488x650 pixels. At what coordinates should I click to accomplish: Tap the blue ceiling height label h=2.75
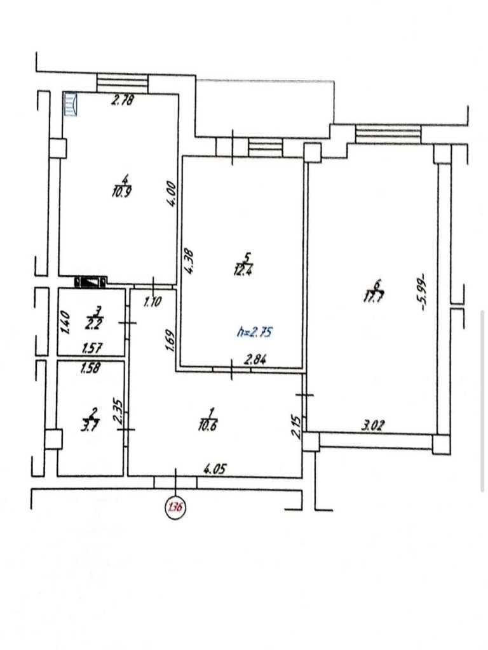click(x=255, y=331)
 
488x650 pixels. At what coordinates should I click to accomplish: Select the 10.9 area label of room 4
click(x=121, y=192)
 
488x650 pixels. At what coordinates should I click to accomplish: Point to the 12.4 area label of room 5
click(x=244, y=270)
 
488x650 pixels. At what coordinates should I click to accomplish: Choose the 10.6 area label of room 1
click(x=208, y=425)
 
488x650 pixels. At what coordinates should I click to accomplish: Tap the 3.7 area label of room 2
click(x=90, y=426)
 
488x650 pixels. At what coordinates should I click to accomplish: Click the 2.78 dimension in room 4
click(x=123, y=100)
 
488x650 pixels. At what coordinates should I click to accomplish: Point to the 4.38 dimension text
click(x=189, y=261)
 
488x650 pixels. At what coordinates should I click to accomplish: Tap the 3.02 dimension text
click(x=372, y=425)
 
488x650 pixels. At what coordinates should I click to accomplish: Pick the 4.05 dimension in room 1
click(x=215, y=469)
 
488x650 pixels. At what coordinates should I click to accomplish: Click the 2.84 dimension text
click(x=255, y=359)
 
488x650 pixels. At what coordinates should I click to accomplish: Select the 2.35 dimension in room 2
click(x=118, y=411)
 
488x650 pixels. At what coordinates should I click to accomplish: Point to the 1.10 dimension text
click(x=152, y=302)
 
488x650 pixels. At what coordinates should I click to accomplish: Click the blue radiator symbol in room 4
click(x=70, y=103)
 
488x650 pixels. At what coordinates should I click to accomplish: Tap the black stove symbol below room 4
click(x=90, y=282)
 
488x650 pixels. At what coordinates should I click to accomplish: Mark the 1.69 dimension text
click(x=169, y=340)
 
